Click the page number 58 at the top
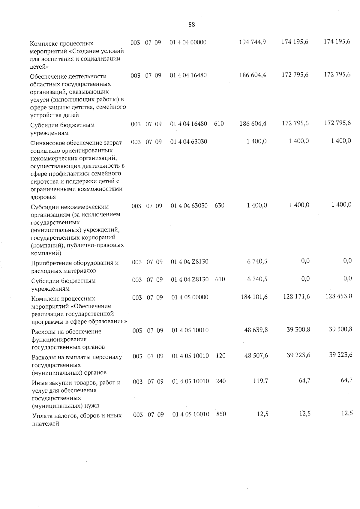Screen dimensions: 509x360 pos(191,25)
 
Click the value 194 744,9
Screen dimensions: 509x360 pos(252,42)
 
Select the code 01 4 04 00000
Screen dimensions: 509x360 pos(188,42)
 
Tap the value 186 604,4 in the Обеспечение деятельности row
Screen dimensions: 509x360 pos(253,75)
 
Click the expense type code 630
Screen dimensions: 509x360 pos(220,206)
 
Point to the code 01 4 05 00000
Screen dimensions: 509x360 pos(190,297)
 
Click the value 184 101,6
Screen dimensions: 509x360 pos(254,297)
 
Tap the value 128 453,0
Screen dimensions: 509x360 pos(339,296)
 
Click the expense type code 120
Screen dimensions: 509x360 pos(220,356)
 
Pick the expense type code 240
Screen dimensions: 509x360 pos(220,381)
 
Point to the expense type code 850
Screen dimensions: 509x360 pos(221,414)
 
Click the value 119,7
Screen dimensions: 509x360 pos(260,381)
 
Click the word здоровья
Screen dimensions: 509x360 pos(43,197)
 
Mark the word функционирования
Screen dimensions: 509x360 pos(55,340)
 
